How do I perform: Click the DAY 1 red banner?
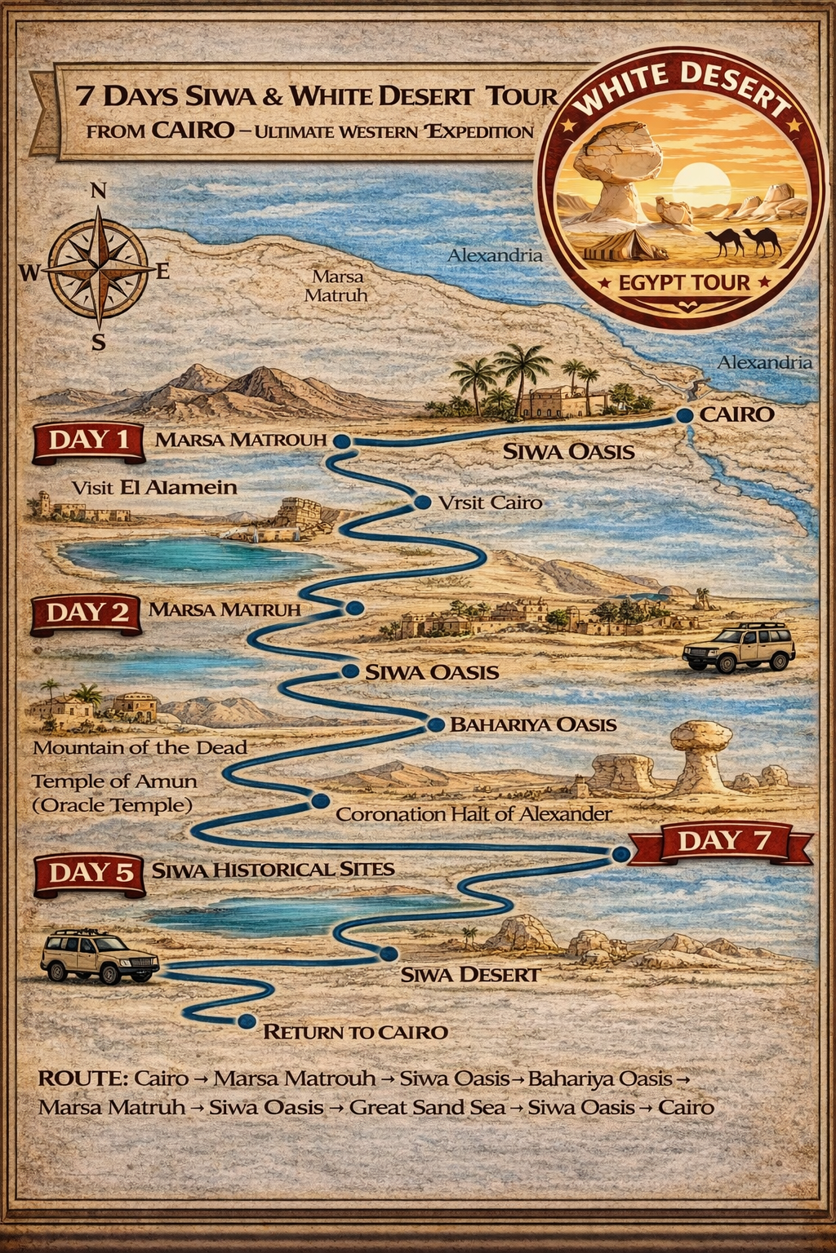pos(88,441)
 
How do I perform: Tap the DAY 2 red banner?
pos(87,613)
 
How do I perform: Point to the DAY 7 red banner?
pos(723,841)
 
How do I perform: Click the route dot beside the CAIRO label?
pos(685,415)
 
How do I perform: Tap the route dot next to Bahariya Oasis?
pos(436,724)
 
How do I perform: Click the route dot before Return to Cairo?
pos(247,1021)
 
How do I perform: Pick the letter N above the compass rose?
pos(98,192)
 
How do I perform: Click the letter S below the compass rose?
pos(98,343)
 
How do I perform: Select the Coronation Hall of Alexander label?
pos(474,814)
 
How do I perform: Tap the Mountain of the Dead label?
pos(140,747)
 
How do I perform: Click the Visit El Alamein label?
pos(154,488)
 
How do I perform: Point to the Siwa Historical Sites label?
pos(273,870)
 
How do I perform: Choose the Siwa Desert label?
pos(470,974)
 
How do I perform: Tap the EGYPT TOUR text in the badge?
pos(684,283)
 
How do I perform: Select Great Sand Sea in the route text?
pos(427,1108)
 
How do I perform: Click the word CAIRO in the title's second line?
pos(193,130)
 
